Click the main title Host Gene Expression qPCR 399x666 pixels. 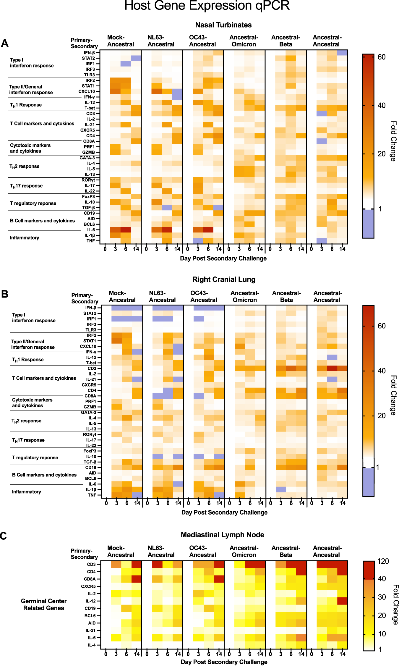pos(207,6)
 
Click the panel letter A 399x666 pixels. pos(5,43)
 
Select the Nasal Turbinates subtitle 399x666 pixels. pos(223,25)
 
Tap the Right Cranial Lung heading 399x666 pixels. pos(224,279)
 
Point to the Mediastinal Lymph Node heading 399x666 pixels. pos(222,535)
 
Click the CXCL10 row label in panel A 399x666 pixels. pos(87,91)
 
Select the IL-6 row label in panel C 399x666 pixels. pos(92,638)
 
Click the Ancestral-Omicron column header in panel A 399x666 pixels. pos(244,41)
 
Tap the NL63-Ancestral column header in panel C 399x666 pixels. pos(161,551)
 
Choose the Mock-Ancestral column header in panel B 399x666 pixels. pos(122,296)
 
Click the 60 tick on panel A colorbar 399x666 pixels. pos(382,57)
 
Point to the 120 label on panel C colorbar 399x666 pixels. pos(383,561)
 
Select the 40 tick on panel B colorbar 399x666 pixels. pos(382,371)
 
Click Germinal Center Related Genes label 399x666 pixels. pos(44,604)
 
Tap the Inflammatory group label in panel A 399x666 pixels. pos(25,238)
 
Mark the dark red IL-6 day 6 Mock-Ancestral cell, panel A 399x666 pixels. pos(126,230)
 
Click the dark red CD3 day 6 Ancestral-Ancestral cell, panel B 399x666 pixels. pos(332,368)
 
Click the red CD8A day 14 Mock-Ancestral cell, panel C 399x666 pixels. pos(136,579)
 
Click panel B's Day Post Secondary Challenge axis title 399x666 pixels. pos(224,513)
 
